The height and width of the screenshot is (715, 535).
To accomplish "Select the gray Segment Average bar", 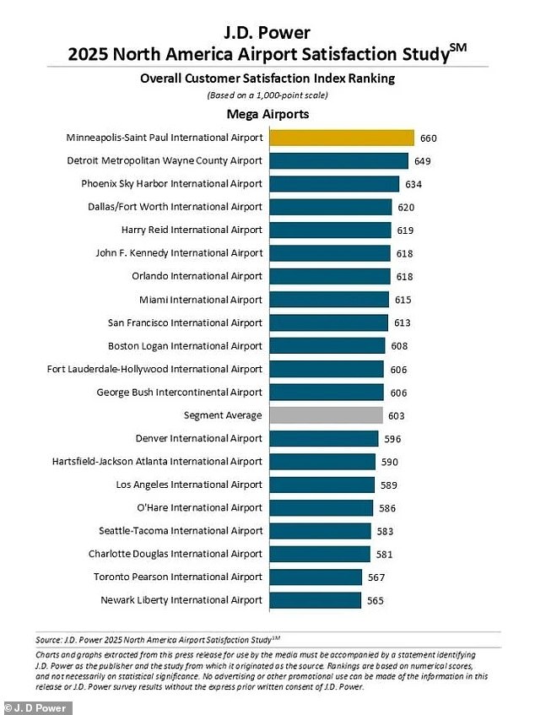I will (x=326, y=415).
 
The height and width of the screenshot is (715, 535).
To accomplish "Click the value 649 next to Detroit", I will (x=424, y=160).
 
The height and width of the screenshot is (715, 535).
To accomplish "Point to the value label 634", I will (x=414, y=184).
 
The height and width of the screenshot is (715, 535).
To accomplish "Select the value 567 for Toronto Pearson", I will (x=377, y=577).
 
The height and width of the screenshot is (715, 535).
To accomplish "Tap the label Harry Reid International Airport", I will (x=192, y=230).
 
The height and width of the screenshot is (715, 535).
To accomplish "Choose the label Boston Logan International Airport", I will (x=185, y=345).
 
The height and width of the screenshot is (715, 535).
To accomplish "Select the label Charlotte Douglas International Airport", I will (x=176, y=554).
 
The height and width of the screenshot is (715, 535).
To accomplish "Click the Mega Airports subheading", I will (x=267, y=114).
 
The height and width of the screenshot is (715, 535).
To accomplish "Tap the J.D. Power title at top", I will (x=267, y=34).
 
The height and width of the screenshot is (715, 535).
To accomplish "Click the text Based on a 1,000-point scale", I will (x=267, y=95).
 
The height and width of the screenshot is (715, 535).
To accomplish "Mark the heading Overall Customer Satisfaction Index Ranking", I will (x=267, y=79).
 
